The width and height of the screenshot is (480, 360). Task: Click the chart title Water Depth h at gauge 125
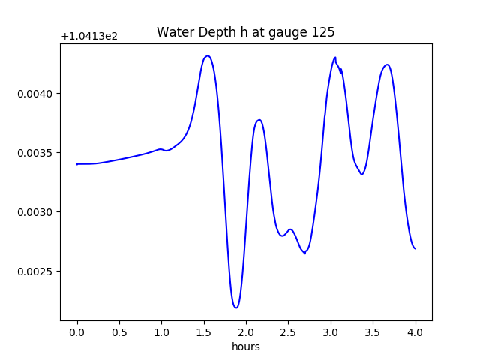(x=245, y=32)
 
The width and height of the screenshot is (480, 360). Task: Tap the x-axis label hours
(x=245, y=346)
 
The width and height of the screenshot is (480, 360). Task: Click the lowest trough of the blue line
(x=236, y=307)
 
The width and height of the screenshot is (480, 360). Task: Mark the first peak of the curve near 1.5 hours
(x=207, y=56)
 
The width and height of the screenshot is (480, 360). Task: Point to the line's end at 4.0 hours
(x=415, y=248)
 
